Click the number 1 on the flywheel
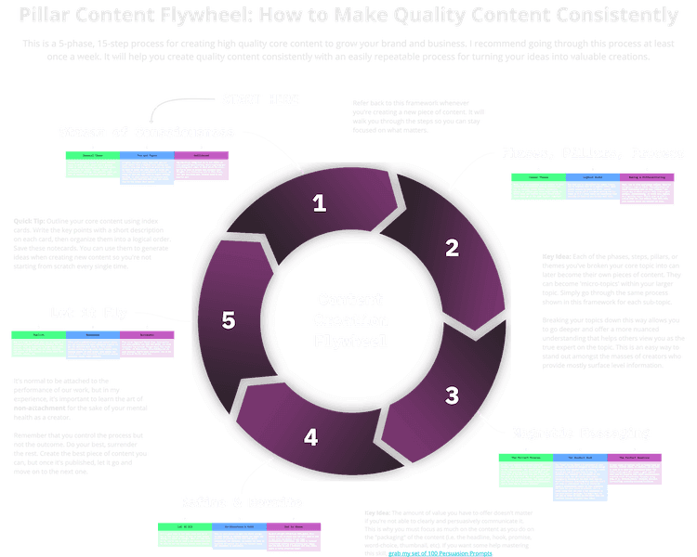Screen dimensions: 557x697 click(320, 203)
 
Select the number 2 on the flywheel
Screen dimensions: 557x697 click(453, 247)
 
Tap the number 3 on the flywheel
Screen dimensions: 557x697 click(452, 395)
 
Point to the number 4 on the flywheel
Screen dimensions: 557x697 click(311, 435)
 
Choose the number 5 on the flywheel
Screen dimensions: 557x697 click(229, 320)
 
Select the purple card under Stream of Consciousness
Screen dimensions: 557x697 click(201, 162)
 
